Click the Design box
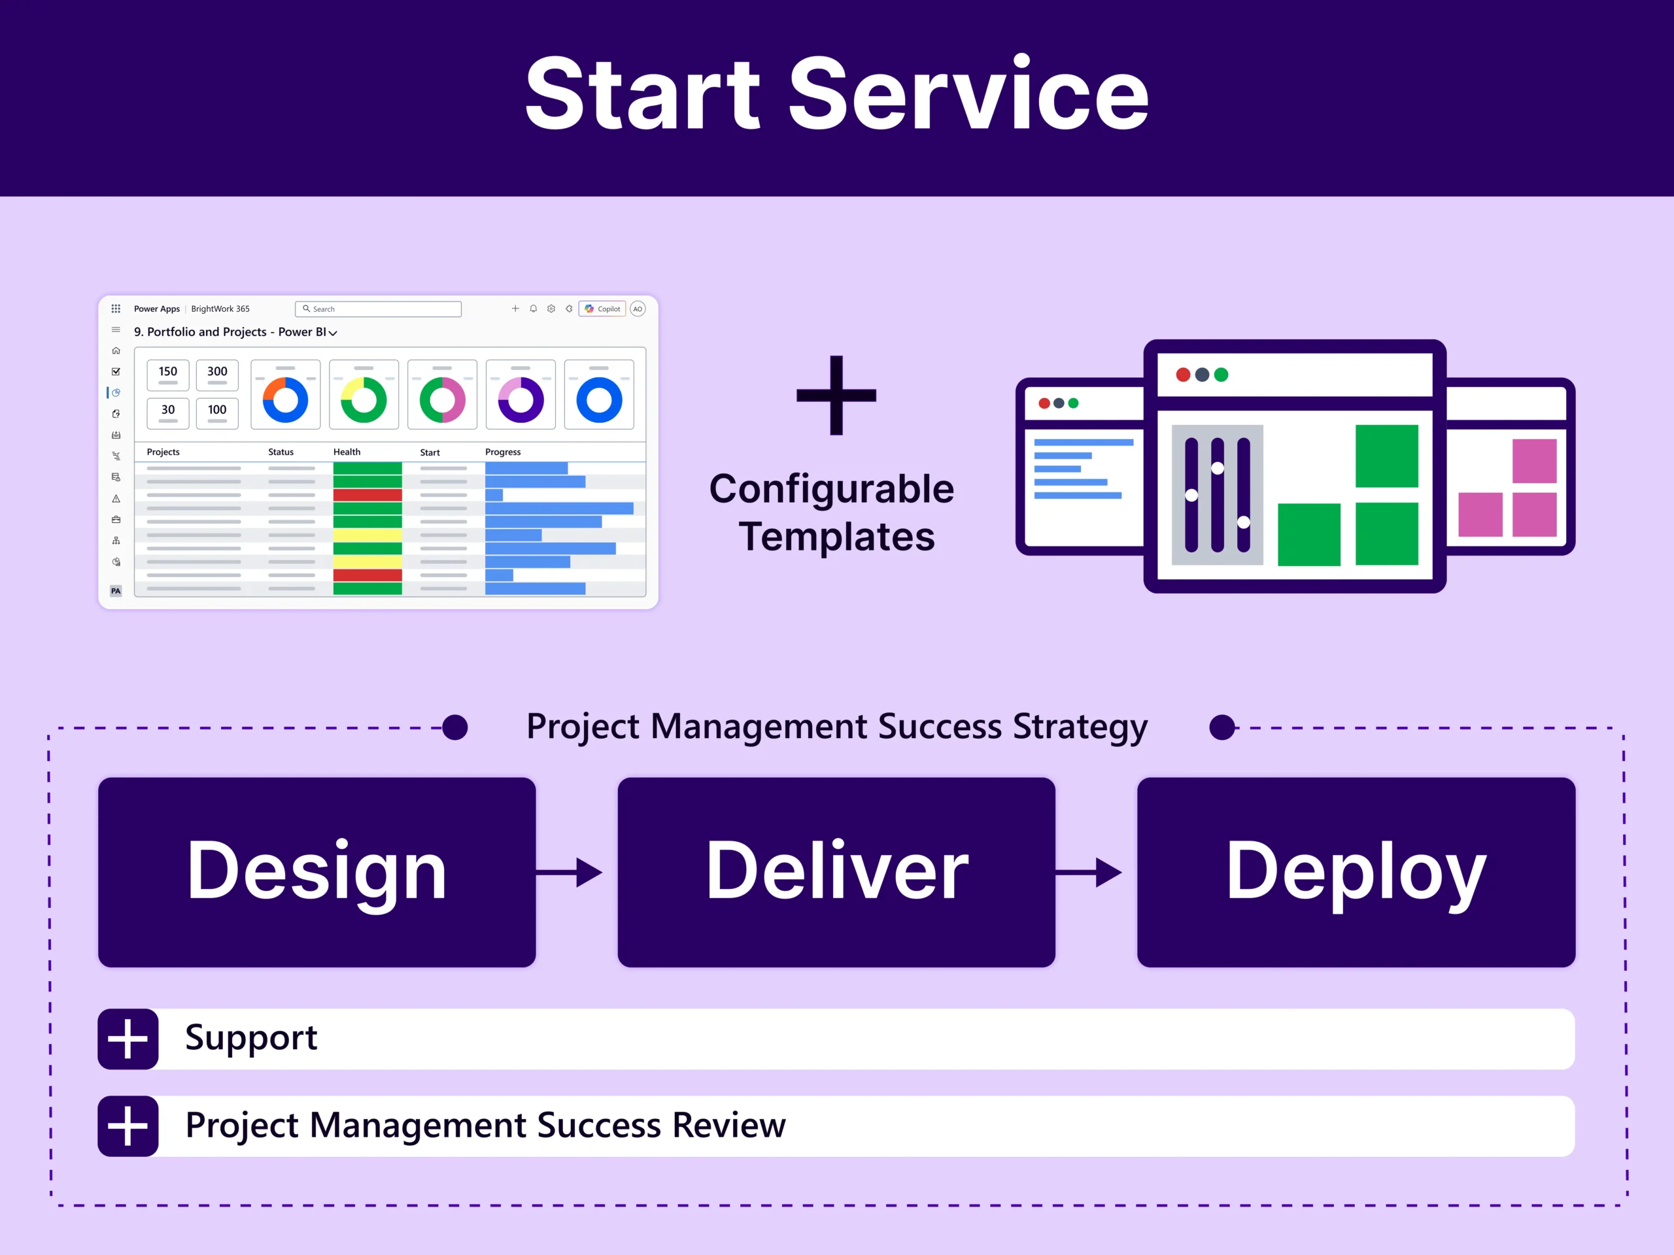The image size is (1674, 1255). click(x=316, y=871)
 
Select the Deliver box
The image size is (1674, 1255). click(x=836, y=871)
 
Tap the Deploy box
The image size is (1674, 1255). click(x=1356, y=871)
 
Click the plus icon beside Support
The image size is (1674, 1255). click(x=128, y=1039)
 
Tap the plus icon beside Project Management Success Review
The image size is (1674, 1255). click(x=128, y=1126)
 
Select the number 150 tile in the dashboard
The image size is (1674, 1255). click(x=168, y=374)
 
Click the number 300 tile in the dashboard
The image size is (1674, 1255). click(x=217, y=374)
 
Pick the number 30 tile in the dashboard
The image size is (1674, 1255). click(x=168, y=412)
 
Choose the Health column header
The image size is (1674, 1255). click(x=347, y=452)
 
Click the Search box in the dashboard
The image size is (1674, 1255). click(x=379, y=309)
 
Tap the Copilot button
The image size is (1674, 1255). click(x=602, y=309)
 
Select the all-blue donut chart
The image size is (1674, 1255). click(x=598, y=399)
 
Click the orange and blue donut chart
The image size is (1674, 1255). click(x=285, y=399)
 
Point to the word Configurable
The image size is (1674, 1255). click(x=831, y=490)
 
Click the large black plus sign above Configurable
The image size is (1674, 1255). click(x=836, y=395)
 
